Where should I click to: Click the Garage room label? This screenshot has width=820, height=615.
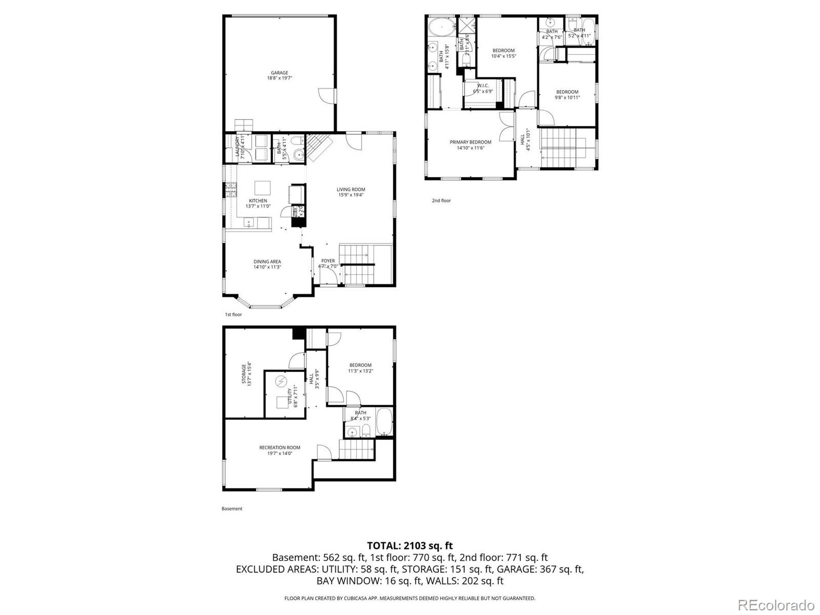[279, 75]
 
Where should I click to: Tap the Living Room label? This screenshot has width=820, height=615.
[351, 192]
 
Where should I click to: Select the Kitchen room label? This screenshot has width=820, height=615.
[258, 203]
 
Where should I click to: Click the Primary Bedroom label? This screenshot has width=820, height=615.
[470, 145]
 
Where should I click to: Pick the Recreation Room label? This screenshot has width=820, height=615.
[279, 450]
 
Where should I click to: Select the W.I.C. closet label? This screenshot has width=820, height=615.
[483, 88]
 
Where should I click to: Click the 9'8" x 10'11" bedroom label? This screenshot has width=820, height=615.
[567, 95]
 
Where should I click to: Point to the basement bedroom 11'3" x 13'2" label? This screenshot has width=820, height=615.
[360, 368]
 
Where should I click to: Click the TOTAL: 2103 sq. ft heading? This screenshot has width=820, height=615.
[409, 546]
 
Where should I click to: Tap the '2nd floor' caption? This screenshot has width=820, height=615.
[441, 200]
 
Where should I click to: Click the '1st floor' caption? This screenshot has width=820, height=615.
[233, 314]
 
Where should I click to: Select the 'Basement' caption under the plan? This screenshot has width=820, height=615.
[232, 508]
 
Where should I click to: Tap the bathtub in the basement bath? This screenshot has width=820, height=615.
[384, 421]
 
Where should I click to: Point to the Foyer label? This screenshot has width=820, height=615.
[328, 263]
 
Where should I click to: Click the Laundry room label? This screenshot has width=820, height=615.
[240, 147]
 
